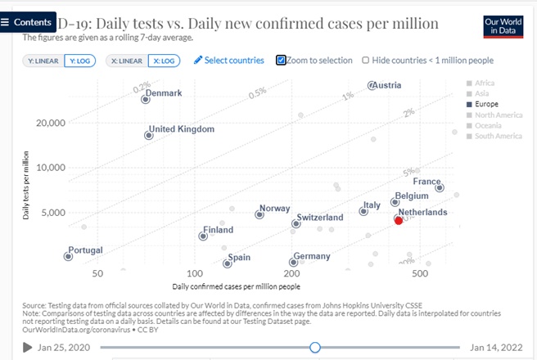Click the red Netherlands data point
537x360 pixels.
point(399,220)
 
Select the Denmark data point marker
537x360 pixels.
point(146,99)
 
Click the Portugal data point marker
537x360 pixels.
point(68,256)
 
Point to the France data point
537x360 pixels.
point(440,187)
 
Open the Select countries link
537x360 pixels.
point(229,61)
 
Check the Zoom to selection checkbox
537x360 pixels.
point(282,60)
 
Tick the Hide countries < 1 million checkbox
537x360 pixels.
point(365,61)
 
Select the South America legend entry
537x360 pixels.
point(498,136)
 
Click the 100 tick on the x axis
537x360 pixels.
point(194,272)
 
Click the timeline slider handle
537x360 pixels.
point(315,348)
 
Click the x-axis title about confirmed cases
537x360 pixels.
point(236,286)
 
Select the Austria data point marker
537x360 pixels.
point(372,85)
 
